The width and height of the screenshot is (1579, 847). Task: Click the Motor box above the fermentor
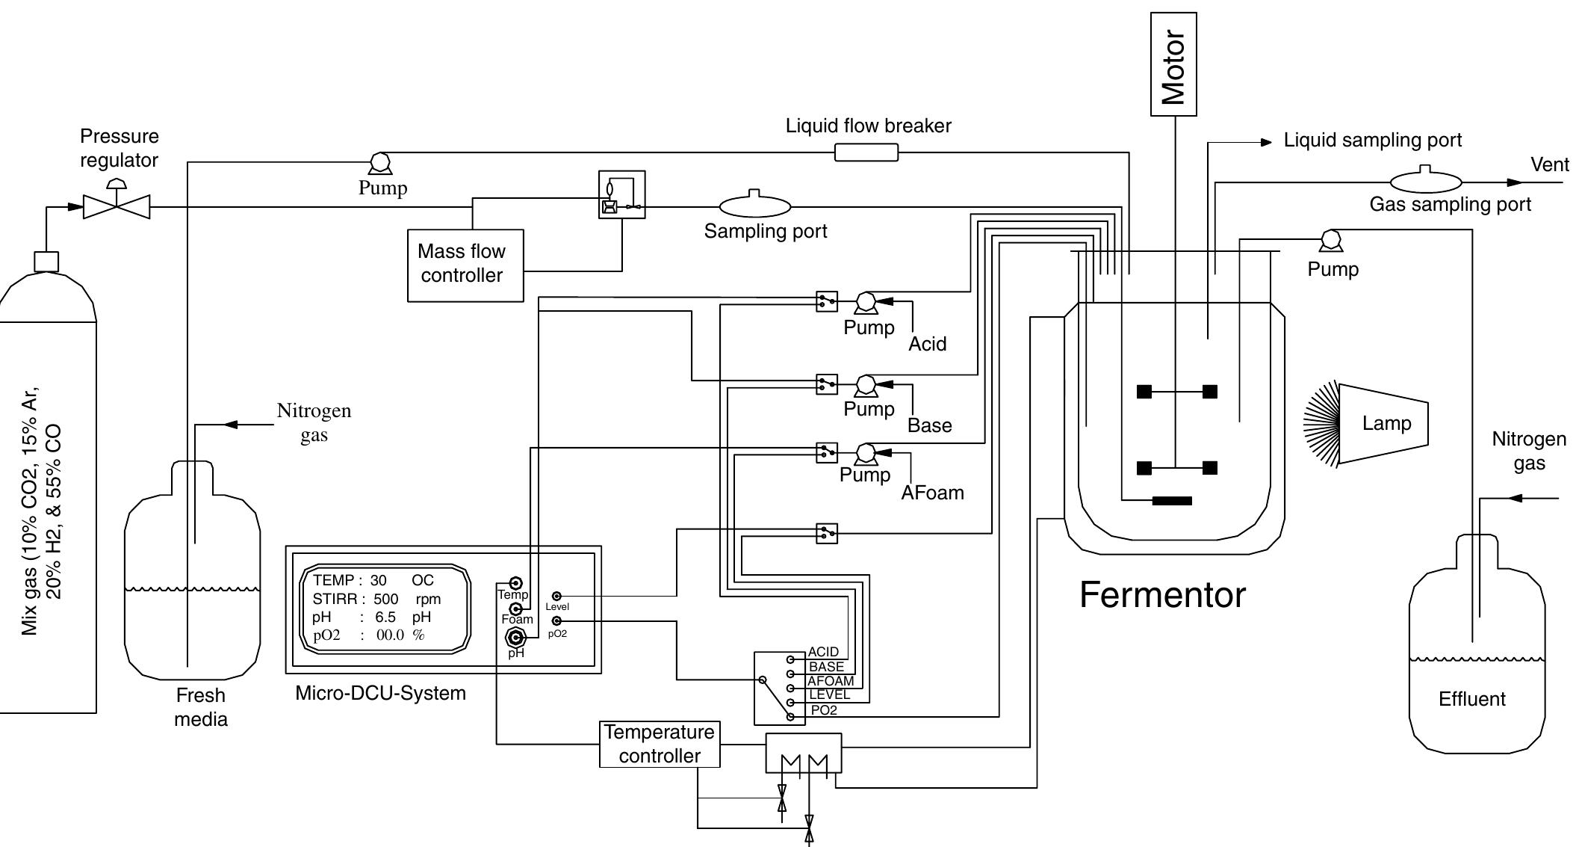point(1173,64)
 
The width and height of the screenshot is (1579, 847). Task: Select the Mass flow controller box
point(465,265)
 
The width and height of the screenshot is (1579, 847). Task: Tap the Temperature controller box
point(660,744)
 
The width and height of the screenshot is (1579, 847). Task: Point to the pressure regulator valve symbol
point(117,206)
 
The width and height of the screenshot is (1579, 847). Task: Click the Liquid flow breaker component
point(866,153)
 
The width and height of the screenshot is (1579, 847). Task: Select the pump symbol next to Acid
point(866,302)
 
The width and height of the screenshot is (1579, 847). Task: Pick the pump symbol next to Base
point(866,385)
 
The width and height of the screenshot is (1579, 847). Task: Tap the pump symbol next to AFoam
point(866,453)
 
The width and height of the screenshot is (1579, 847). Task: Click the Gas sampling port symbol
point(1425,182)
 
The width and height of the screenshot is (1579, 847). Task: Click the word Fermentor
point(1162,595)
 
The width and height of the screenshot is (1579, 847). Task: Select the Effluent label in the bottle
point(1471,699)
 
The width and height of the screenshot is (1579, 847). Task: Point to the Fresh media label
point(200,707)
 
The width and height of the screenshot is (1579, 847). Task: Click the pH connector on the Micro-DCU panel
point(515,637)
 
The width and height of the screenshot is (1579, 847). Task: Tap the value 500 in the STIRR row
point(386,599)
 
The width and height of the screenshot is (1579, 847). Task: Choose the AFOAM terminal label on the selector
point(830,681)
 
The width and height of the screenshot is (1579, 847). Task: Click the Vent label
point(1550,164)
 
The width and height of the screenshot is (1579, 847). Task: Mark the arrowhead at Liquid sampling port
point(1266,142)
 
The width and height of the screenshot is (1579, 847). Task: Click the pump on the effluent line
point(1330,241)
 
